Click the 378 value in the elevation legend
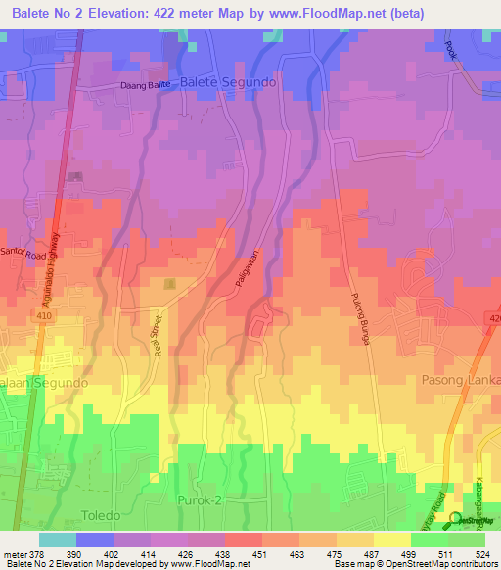[x=38, y=555]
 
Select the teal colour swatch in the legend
[x=57, y=540]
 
